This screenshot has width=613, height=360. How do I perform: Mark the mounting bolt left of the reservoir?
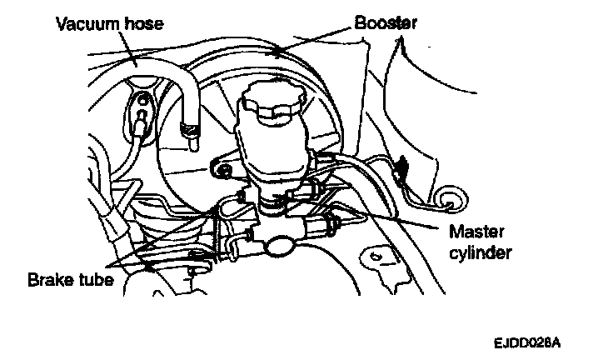click(222, 171)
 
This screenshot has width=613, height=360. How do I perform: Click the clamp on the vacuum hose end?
click(190, 130)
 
